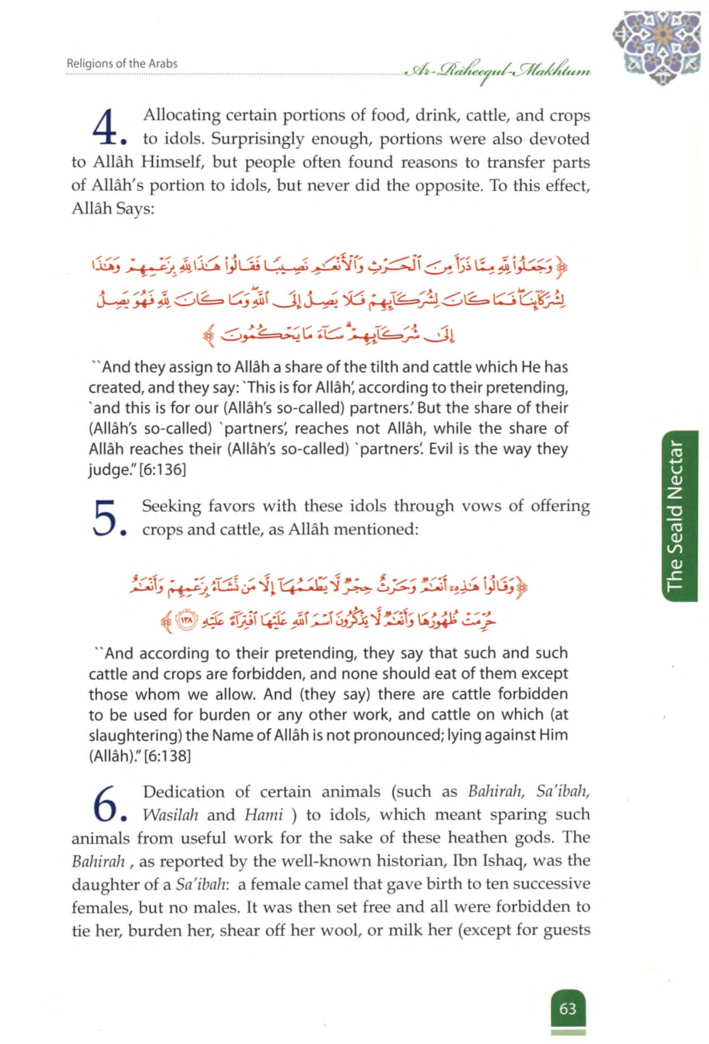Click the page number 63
[567, 996]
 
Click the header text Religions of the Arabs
[122, 64]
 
